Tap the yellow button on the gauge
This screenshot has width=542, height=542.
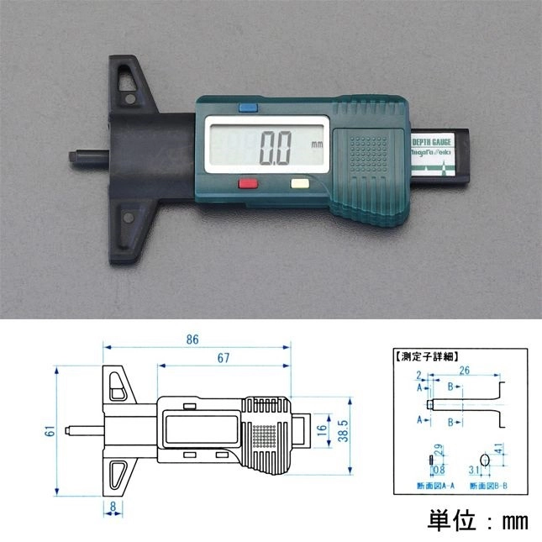[x=299, y=182]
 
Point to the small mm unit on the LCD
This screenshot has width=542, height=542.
[x=316, y=145]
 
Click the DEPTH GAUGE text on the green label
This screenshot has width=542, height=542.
[x=434, y=142]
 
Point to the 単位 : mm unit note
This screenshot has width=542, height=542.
[x=476, y=520]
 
